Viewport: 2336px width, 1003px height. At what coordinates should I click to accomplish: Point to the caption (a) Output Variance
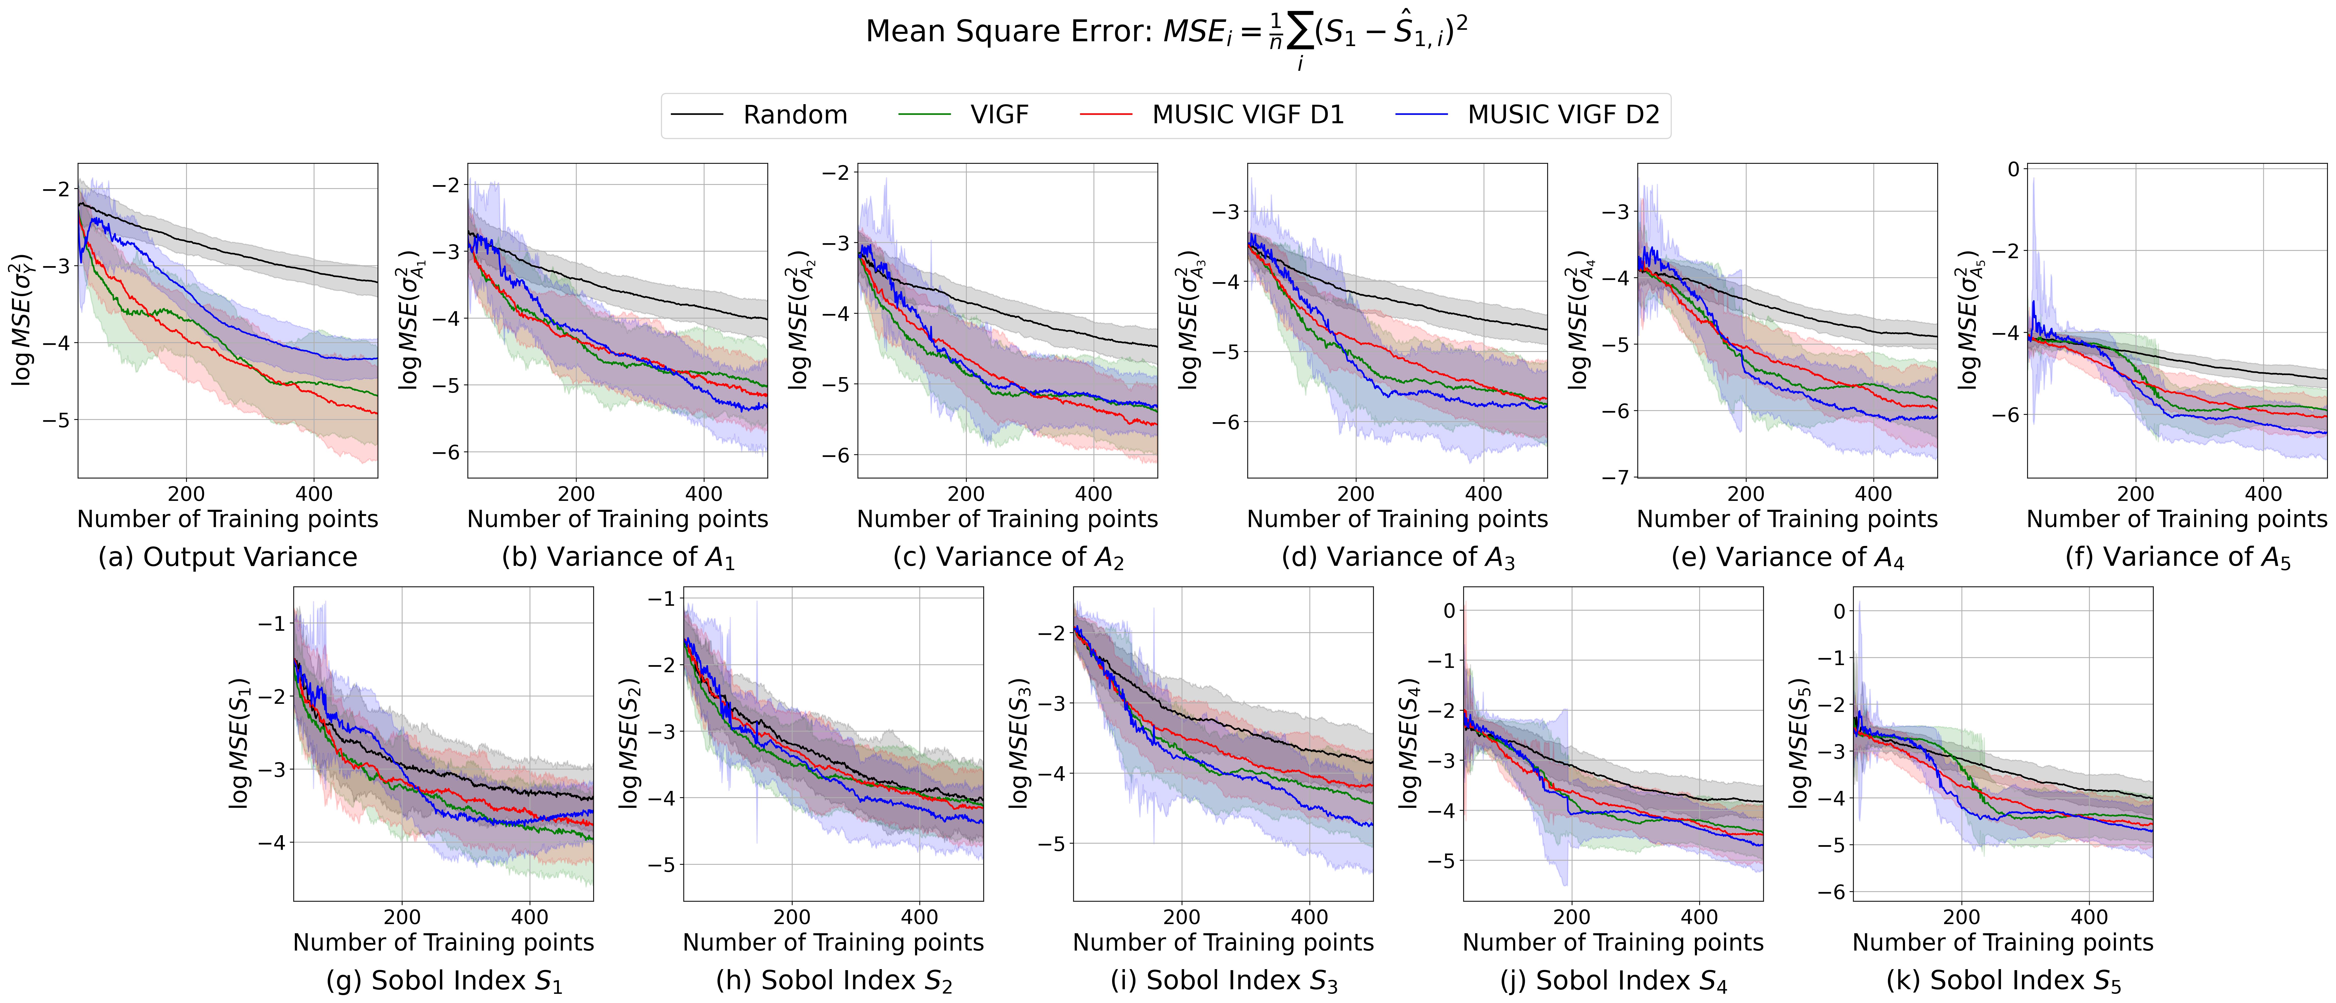click(228, 557)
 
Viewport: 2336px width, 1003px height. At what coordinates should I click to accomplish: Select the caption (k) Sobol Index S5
click(2003, 980)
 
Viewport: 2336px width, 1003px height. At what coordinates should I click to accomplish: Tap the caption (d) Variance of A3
click(1398, 557)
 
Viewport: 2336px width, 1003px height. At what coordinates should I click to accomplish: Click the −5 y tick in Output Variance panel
click(56, 420)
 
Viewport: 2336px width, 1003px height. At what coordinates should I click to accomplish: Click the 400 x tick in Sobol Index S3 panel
click(1309, 917)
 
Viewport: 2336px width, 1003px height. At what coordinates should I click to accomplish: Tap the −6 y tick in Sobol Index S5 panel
click(1832, 891)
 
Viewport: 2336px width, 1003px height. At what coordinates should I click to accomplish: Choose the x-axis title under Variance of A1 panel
click(618, 520)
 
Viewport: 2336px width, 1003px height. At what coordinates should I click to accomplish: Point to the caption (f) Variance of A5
click(2177, 557)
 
